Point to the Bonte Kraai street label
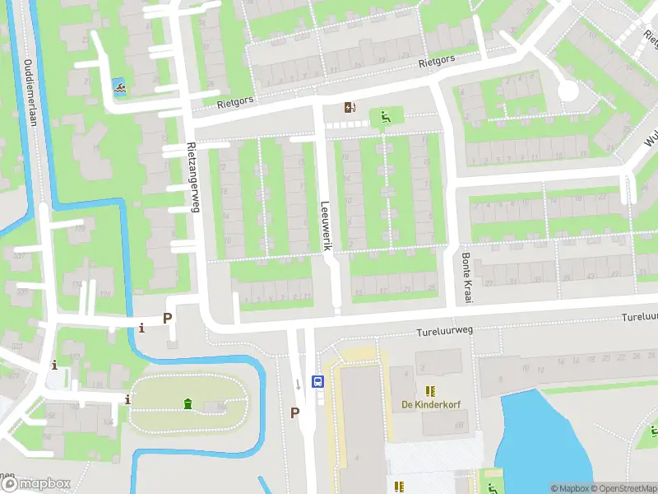[x=466, y=277]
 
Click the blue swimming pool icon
[x=119, y=86]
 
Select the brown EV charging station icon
[x=351, y=107]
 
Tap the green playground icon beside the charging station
[x=384, y=118]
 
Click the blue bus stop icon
[x=317, y=381]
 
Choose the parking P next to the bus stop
[x=294, y=412]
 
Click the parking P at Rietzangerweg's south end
[x=168, y=318]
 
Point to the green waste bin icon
[x=188, y=403]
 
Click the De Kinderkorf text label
[x=429, y=404]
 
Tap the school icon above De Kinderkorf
[x=429, y=389]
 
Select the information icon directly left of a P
[x=142, y=328]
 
